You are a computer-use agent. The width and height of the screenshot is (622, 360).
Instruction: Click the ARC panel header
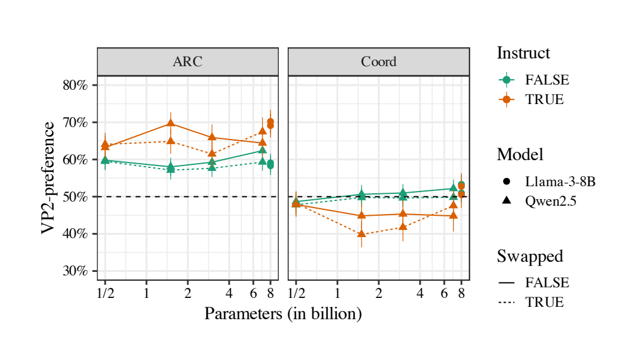pyautogui.click(x=187, y=62)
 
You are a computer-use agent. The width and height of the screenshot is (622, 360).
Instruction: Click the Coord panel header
pyautogui.click(x=379, y=62)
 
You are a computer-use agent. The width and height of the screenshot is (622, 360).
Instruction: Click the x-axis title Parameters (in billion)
pyautogui.click(x=283, y=314)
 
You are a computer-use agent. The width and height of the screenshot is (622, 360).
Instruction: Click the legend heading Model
pyautogui.click(x=520, y=155)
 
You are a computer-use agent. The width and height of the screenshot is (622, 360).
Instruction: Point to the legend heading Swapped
pyautogui.click(x=530, y=257)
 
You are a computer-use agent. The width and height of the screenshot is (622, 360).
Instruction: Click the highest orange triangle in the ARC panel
pyautogui.click(x=171, y=124)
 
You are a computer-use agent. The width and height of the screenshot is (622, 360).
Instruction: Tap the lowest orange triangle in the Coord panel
pyautogui.click(x=362, y=234)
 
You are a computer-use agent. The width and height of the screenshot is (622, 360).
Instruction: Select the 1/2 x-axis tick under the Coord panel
pyautogui.click(x=296, y=293)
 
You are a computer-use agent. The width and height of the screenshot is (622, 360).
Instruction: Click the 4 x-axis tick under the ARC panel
pyautogui.click(x=229, y=293)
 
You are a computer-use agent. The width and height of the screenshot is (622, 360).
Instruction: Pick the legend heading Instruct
pyautogui.click(x=523, y=53)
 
